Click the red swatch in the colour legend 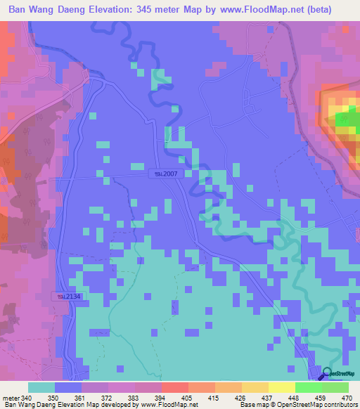[x=175, y=387]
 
